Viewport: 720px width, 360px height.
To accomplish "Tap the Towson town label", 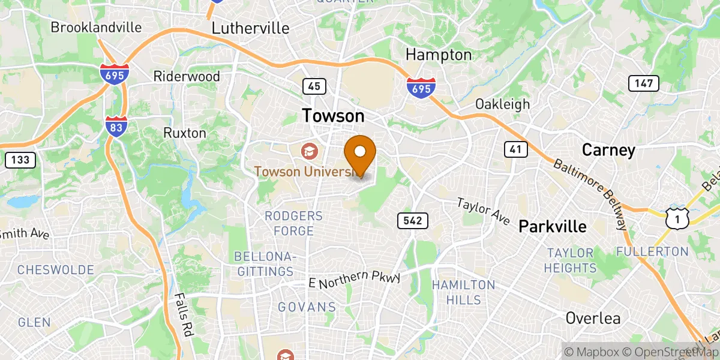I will click(333, 115).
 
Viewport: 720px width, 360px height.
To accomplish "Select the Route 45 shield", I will click(314, 86).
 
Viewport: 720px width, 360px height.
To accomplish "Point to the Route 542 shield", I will click(412, 221).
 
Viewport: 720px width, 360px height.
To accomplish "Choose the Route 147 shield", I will click(643, 83).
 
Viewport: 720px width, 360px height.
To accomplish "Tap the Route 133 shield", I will click(20, 160).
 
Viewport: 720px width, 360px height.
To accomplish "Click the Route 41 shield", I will click(515, 149).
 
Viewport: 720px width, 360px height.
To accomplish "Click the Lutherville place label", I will click(251, 28).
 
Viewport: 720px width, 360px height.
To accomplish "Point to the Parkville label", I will click(552, 226).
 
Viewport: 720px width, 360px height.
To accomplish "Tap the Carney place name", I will click(608, 150).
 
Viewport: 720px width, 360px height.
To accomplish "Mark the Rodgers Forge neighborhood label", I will click(293, 223).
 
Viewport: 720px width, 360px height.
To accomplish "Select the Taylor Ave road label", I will click(483, 212).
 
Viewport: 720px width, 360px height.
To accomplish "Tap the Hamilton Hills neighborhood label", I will click(464, 292).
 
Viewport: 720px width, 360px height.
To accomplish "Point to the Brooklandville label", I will click(96, 27).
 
